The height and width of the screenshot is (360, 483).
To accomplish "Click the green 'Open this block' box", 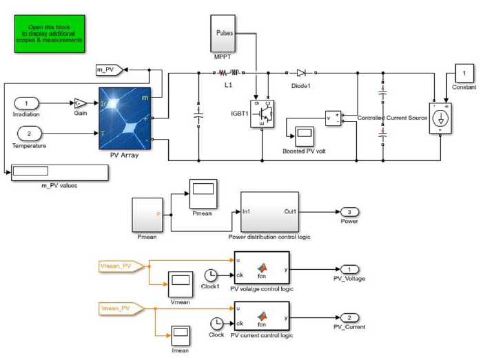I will coord(50,34).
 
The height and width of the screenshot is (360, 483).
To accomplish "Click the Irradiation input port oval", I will coord(26,103).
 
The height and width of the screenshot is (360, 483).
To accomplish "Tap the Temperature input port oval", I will coord(29,133).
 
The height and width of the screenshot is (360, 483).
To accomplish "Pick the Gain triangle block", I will coord(81,103).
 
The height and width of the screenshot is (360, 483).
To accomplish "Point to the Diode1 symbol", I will coord(301,72).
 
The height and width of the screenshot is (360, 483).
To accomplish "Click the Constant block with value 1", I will coord(464,74).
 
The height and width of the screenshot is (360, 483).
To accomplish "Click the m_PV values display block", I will coord(59,171).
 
